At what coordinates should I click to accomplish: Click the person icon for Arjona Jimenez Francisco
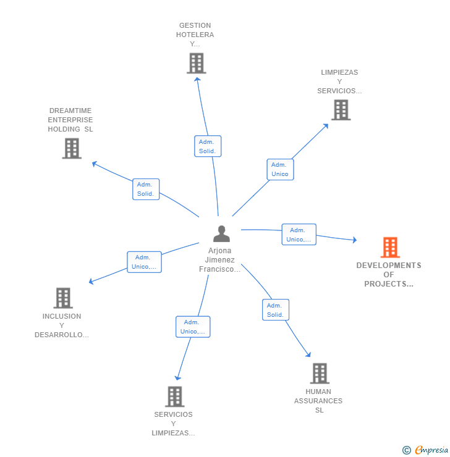point(221,234)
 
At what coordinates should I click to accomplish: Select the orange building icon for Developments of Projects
point(390,248)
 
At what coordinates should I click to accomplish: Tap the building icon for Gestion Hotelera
point(196,64)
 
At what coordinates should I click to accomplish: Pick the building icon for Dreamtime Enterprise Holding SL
point(72,148)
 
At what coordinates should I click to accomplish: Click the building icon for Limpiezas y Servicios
point(341,110)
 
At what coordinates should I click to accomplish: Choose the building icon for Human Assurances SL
point(319,374)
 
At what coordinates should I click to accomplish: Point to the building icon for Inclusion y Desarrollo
point(62,298)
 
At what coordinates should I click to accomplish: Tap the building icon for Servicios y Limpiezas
point(175,396)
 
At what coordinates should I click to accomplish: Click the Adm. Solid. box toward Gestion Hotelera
point(207,146)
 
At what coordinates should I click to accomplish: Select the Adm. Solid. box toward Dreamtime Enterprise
point(146,189)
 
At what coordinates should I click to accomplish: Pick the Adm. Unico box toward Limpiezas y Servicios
point(280,169)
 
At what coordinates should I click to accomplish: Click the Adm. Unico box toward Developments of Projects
point(299,235)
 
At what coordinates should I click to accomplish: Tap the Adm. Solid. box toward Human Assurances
point(275,310)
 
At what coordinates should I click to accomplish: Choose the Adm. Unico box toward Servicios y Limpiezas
point(192,327)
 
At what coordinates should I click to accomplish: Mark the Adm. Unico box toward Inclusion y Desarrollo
point(144,262)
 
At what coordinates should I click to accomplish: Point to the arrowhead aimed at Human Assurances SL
point(308,355)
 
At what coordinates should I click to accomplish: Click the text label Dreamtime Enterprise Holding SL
point(70,120)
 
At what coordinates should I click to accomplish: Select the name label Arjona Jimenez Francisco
point(219,260)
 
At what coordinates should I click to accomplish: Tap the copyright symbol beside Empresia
point(407,450)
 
